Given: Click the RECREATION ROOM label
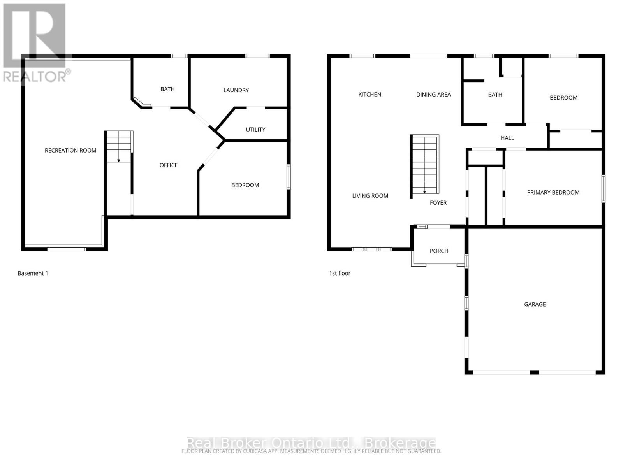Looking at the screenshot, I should coord(70,151).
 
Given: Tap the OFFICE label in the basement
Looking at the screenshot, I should coord(169,165).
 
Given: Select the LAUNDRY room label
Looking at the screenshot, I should coord(236,90).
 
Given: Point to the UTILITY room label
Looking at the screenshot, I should coord(255,130).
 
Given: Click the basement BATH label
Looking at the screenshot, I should coord(167,89).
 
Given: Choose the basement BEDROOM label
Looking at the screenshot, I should coord(245,185).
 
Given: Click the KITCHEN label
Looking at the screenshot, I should coord(370,95).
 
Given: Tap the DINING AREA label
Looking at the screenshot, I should coord(433,95).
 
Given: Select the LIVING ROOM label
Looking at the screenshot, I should coord(370,196).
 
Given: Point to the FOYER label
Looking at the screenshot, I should coord(438,203).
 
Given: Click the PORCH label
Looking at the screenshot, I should coord(439,251).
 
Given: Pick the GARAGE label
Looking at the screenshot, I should coord(535,304).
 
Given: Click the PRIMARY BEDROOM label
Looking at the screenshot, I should coord(553,193).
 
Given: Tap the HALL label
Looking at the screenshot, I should coord(507,138).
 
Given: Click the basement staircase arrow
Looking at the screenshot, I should coord(119,160).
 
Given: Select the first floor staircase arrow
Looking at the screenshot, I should coord(424,191).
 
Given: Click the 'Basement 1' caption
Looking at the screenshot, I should coord(33,273).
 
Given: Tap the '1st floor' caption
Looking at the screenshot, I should coord(340,273).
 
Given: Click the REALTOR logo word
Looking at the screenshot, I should coord(35,76).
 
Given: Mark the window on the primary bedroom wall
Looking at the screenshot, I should coord(603,189).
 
